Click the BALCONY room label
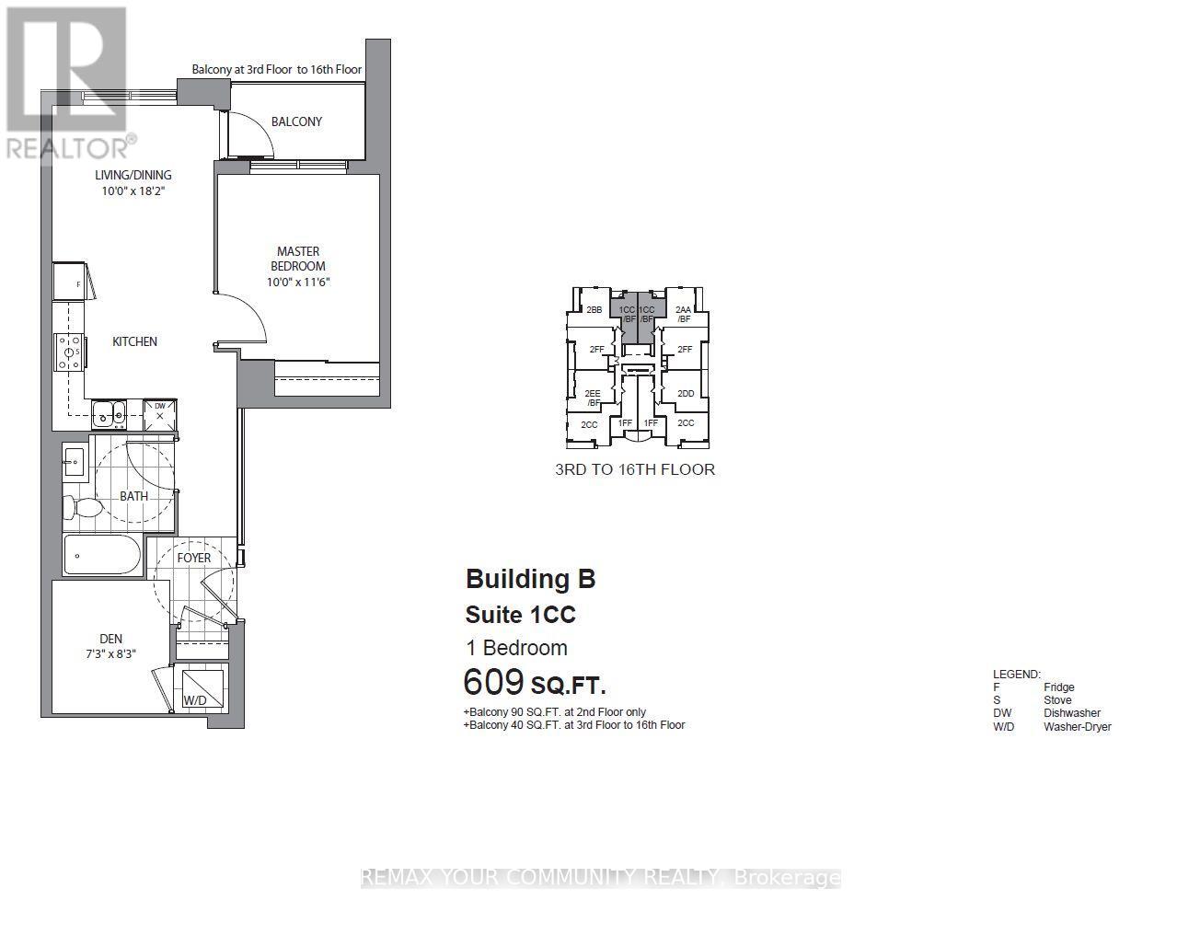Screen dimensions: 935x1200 296,121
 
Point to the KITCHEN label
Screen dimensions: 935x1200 134,341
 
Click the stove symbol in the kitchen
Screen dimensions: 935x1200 69,352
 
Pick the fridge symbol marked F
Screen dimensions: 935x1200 70,283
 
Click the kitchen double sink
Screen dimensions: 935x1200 110,413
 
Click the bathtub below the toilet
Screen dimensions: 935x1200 102,556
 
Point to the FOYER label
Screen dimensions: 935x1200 193,558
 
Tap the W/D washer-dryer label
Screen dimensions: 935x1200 195,700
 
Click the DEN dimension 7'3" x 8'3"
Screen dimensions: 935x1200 110,655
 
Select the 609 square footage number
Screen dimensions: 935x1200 493,683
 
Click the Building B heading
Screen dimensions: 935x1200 530,579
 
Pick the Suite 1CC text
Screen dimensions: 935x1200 520,614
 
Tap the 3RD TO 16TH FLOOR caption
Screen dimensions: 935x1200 634,469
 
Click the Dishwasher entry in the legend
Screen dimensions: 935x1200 1071,713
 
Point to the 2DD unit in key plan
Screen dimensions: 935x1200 686,394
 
